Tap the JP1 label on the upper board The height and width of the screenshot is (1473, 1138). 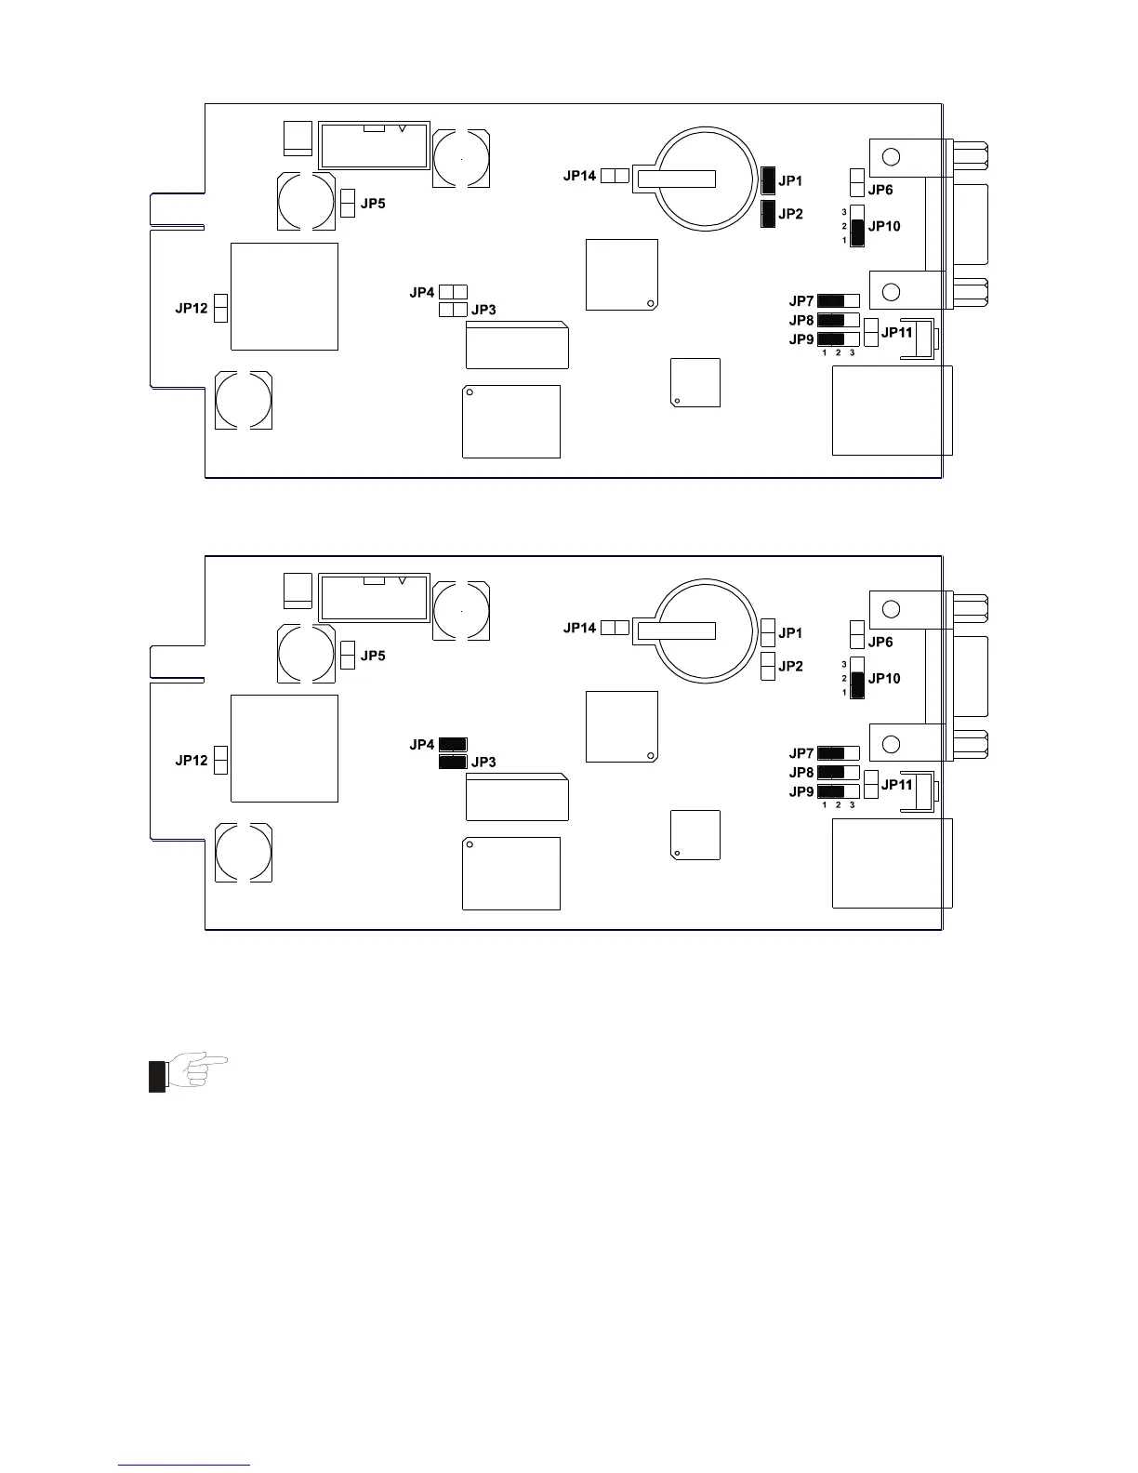(x=790, y=181)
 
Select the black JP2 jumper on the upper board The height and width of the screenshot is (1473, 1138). (x=768, y=214)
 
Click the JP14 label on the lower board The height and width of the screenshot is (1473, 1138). (x=579, y=628)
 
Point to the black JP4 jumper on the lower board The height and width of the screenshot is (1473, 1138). (x=453, y=744)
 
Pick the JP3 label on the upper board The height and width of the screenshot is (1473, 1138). (x=483, y=310)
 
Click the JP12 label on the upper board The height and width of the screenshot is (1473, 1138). (x=192, y=308)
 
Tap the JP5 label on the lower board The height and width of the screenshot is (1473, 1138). (x=373, y=656)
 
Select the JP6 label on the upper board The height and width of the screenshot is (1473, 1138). (x=880, y=190)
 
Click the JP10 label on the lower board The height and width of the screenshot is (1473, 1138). (x=884, y=679)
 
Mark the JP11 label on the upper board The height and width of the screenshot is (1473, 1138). (x=897, y=332)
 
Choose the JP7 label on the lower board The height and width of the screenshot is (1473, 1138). (x=801, y=753)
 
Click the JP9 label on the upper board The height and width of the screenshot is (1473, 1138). (x=801, y=339)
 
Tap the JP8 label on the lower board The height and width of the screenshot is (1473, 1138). (x=801, y=773)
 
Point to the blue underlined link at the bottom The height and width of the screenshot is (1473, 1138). (x=185, y=1465)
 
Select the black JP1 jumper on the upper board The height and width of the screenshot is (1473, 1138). (x=768, y=180)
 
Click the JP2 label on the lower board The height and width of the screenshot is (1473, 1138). (x=790, y=667)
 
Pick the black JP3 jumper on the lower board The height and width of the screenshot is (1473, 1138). (x=453, y=762)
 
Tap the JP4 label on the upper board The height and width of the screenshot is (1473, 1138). (x=422, y=292)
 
